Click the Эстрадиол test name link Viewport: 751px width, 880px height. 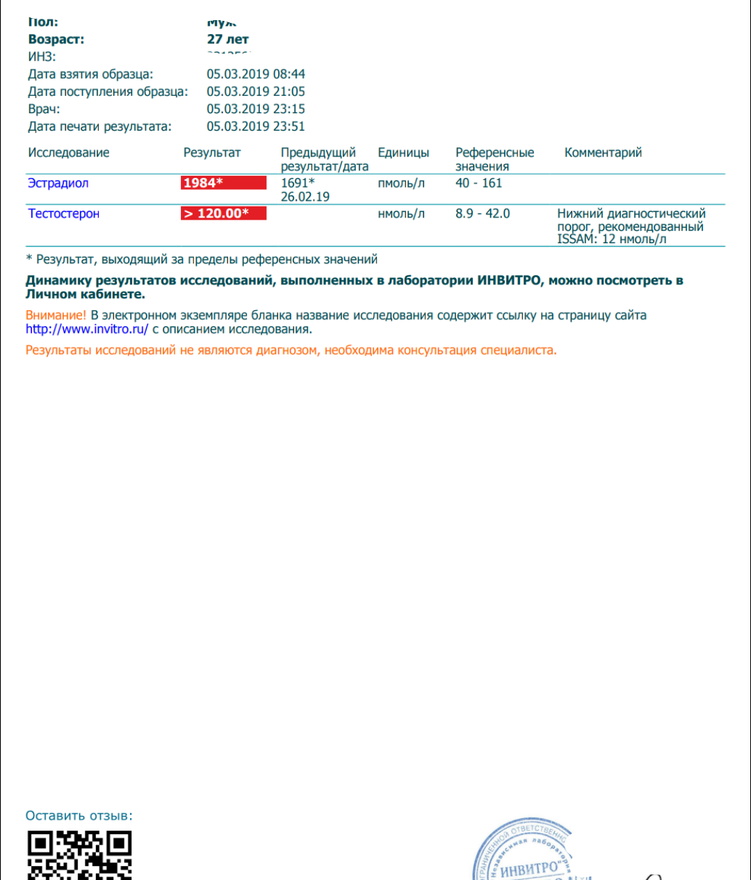58,184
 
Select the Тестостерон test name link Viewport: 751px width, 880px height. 63,214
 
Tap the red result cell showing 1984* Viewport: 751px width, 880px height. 223,183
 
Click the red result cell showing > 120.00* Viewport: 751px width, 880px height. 223,213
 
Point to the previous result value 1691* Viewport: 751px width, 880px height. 297,183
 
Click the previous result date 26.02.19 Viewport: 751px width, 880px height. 305,197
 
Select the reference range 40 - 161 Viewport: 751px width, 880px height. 478,184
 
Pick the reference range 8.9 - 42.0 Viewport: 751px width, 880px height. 483,214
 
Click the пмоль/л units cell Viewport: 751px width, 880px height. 401,184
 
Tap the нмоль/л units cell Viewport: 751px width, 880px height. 401,214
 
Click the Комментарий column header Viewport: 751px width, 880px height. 603,153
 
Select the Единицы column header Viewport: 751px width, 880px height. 403,153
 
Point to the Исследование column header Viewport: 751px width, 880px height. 68,153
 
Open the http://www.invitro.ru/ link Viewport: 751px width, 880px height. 87,329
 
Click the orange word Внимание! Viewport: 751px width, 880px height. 56,316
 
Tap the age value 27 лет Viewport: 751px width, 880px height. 227,40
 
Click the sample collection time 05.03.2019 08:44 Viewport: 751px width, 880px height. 255,74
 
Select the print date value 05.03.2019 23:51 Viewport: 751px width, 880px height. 255,127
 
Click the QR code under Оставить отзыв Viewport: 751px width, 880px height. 79,855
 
